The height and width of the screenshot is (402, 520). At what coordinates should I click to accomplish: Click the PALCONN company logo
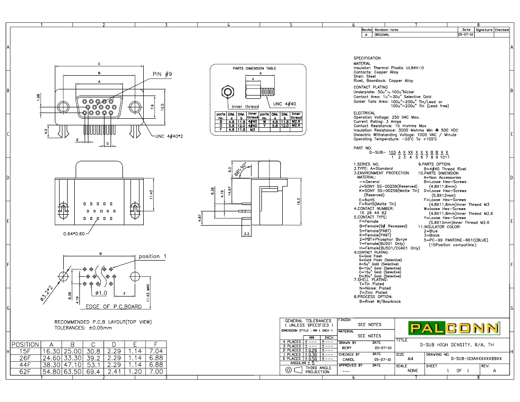447,328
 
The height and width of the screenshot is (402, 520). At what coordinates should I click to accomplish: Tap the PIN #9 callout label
162,74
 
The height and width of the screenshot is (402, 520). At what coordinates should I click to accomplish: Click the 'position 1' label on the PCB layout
152,256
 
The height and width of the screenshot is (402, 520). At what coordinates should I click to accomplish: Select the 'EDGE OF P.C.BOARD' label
113,307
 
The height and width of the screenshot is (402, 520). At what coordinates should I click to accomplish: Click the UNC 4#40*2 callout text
169,136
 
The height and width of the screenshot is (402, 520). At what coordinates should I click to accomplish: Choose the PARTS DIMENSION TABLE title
254,68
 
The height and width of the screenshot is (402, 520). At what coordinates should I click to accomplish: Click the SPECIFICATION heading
367,58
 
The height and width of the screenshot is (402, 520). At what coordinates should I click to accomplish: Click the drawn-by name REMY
347,348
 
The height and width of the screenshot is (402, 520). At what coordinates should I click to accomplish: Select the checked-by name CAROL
348,359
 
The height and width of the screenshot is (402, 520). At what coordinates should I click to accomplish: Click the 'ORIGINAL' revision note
382,35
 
